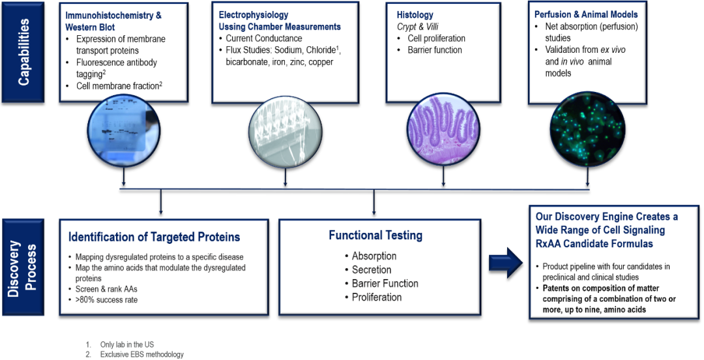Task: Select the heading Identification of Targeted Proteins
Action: coord(154,236)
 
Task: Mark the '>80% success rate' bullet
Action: coord(103,299)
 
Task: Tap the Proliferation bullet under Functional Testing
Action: coord(374,297)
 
